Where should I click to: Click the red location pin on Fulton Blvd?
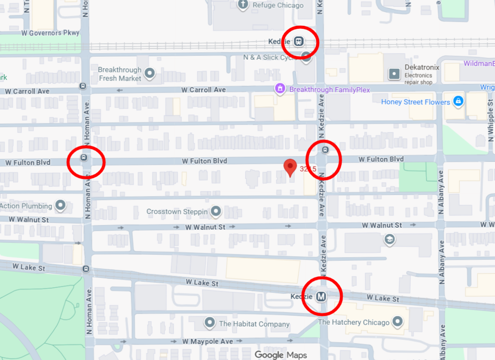click(x=291, y=167)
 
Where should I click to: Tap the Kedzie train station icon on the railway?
click(x=299, y=42)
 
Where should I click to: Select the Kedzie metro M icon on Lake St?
click(x=321, y=296)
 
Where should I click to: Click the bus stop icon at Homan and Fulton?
click(x=84, y=158)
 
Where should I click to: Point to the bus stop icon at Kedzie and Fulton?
click(x=325, y=150)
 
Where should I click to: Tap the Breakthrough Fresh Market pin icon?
click(x=150, y=73)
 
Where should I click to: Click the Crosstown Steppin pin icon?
click(x=216, y=211)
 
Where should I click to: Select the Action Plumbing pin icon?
click(x=61, y=206)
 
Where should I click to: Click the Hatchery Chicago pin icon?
click(x=398, y=321)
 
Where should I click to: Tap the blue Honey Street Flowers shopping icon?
click(x=458, y=101)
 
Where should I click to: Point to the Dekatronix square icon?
click(x=394, y=74)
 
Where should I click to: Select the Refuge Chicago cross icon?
click(x=243, y=5)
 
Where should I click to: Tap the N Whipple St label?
click(x=491, y=118)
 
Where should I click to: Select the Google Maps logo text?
click(x=281, y=355)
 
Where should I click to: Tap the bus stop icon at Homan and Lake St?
click(x=86, y=269)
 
